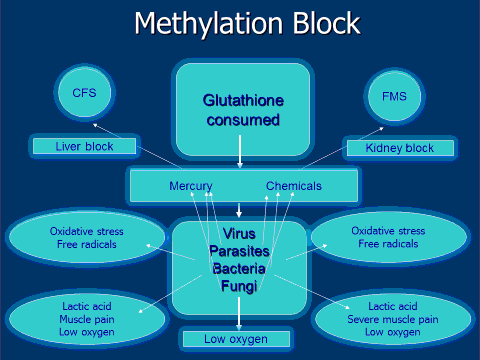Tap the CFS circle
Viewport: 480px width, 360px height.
tap(84, 93)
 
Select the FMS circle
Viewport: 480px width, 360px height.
tap(394, 97)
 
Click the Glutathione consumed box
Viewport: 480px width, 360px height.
tap(241, 109)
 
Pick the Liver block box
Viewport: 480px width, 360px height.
tap(84, 147)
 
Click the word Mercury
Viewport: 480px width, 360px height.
tap(190, 186)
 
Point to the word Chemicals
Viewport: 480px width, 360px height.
tap(293, 186)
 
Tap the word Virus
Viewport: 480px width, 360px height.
tap(239, 234)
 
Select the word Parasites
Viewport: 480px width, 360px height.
tap(239, 251)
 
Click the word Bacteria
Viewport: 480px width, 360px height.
tap(239, 269)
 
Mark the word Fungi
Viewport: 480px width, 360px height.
tap(239, 287)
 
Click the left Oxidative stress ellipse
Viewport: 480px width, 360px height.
tap(85, 238)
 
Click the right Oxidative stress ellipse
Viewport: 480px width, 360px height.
tap(388, 238)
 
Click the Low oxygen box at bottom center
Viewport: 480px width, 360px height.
tap(236, 339)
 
